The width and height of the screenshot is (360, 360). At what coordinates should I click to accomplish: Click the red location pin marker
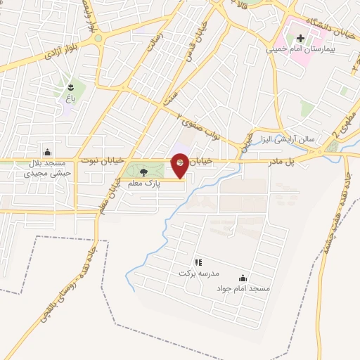[180, 163]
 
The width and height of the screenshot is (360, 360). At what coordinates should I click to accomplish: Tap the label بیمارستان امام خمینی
[297, 51]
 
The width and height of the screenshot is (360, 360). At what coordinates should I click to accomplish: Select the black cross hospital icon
[299, 39]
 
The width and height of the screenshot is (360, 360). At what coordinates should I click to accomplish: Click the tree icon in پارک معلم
[144, 172]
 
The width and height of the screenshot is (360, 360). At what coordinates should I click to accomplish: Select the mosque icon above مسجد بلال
[47, 151]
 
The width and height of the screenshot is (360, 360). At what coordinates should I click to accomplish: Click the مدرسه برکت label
[195, 272]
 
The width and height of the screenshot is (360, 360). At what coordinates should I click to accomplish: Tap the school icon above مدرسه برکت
[198, 262]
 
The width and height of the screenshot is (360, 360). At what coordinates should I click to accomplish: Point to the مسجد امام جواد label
[243, 288]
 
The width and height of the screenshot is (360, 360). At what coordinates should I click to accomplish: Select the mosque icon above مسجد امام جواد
[243, 278]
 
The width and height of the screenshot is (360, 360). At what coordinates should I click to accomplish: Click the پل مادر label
[280, 162]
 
